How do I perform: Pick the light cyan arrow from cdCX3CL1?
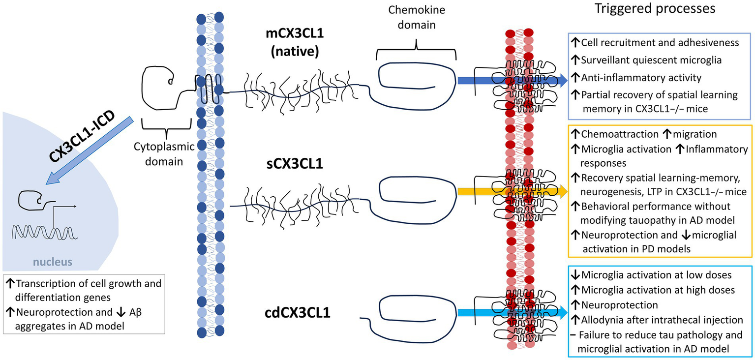(509, 312)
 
